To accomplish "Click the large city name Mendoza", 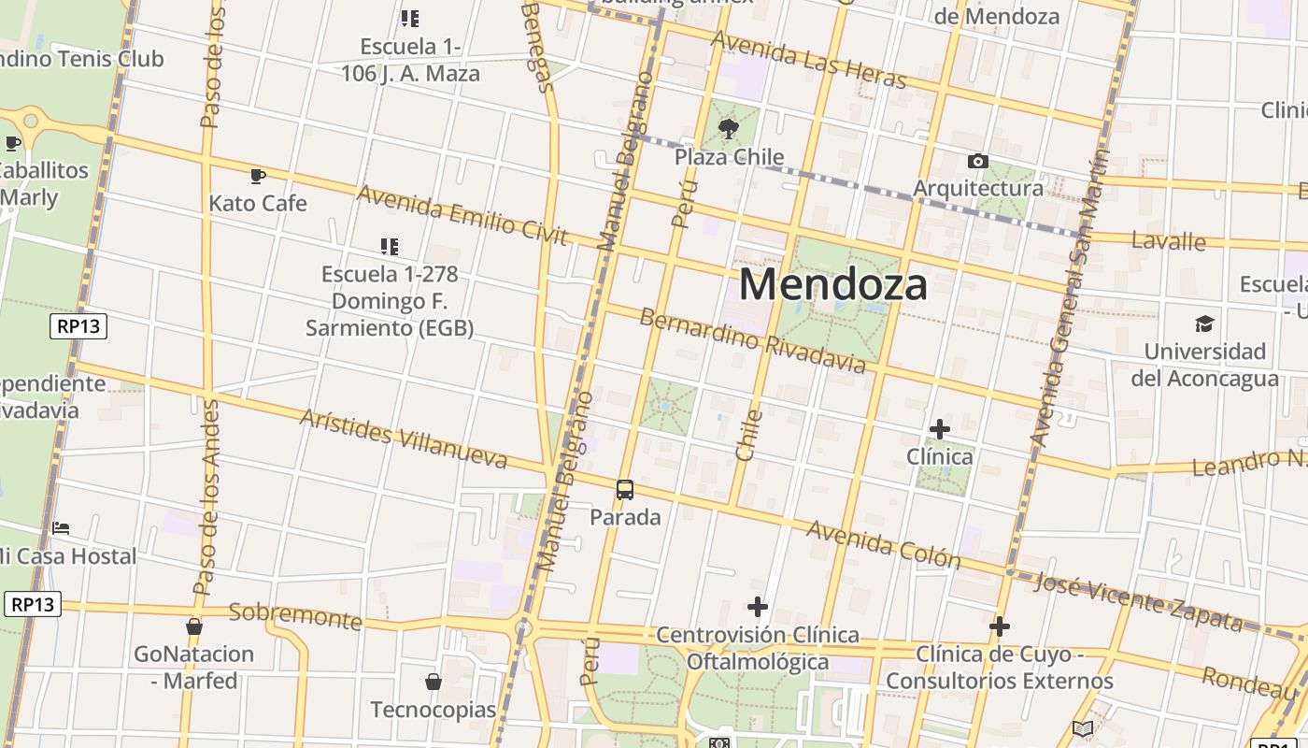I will click(833, 284).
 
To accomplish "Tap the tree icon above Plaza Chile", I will click(729, 129).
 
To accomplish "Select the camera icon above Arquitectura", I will click(978, 161).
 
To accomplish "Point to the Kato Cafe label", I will click(258, 203).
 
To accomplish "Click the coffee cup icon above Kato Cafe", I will click(258, 175).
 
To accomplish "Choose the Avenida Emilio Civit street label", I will click(462, 214).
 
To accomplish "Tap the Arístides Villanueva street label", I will click(404, 438).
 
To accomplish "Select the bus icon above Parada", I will click(625, 489).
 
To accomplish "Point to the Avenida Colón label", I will click(883, 544).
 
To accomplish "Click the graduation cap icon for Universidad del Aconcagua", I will click(1204, 324).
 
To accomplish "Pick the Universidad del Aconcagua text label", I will click(1204, 365).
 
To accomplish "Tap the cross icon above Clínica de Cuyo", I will click(1000, 626).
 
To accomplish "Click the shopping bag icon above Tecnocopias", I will click(434, 682).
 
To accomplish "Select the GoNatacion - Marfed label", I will click(194, 667).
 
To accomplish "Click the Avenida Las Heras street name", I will click(808, 59).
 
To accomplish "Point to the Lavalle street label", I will click(1168, 240).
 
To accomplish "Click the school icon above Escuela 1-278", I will click(390, 247).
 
